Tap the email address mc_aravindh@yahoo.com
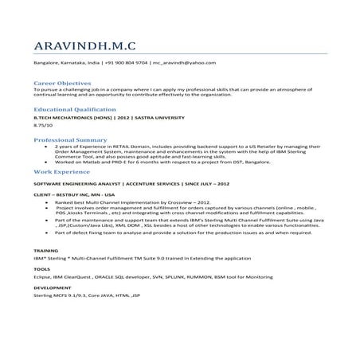pyautogui.click(x=184, y=62)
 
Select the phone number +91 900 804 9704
pyautogui.click(x=126, y=62)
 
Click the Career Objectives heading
pyautogui.click(x=61, y=83)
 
